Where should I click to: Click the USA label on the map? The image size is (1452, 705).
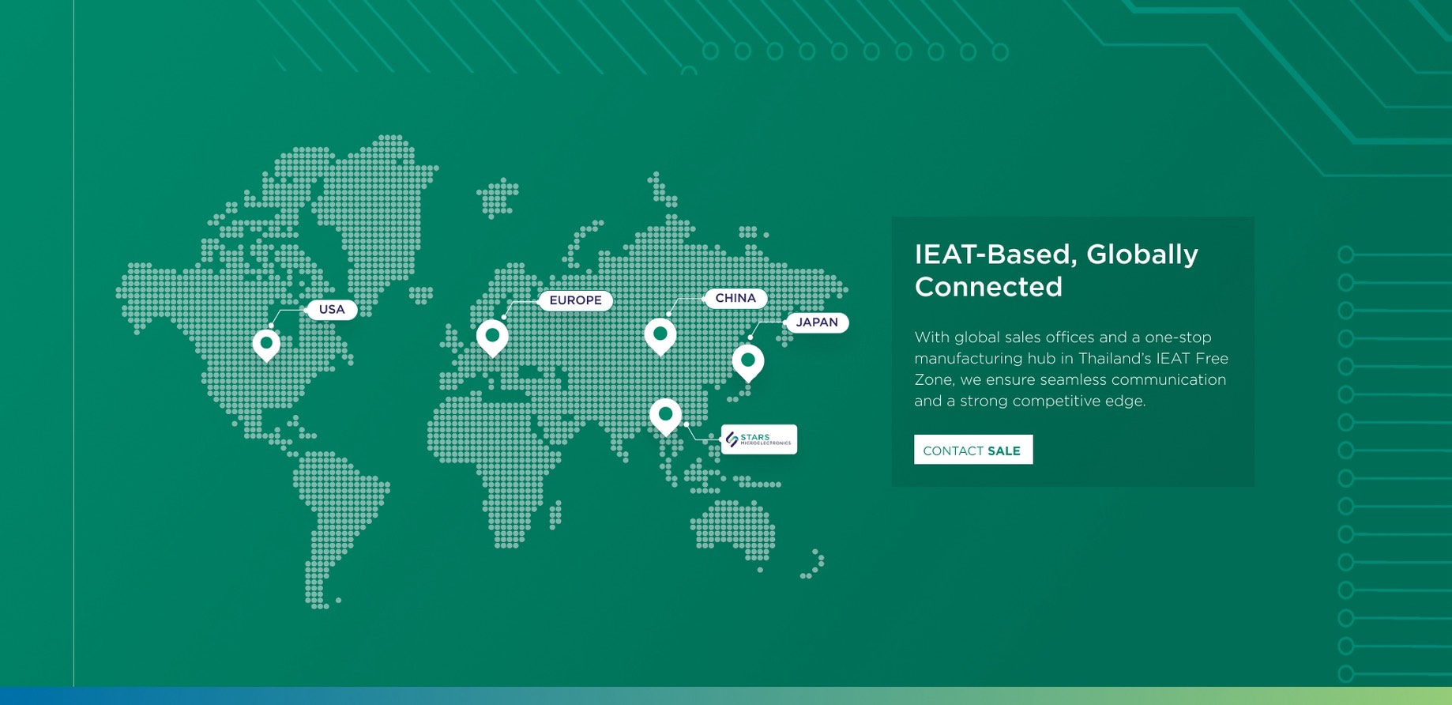click(x=332, y=309)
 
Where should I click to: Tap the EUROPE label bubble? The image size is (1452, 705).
click(x=575, y=300)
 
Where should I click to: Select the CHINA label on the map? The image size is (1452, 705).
click(x=735, y=298)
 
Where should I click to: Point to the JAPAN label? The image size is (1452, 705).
click(x=817, y=322)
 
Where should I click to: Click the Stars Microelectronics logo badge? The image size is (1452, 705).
click(x=759, y=439)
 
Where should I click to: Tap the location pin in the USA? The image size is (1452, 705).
click(x=266, y=345)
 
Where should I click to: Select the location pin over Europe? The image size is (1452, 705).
click(x=492, y=337)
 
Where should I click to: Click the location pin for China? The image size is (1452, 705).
click(x=660, y=336)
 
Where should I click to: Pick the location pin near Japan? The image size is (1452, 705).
click(x=748, y=362)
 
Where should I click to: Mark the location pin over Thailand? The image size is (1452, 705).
click(x=666, y=416)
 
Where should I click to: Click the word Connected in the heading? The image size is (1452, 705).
click(x=988, y=287)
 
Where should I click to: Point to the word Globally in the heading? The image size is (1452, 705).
click(x=1142, y=254)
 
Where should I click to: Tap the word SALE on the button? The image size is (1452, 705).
click(x=1004, y=451)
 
